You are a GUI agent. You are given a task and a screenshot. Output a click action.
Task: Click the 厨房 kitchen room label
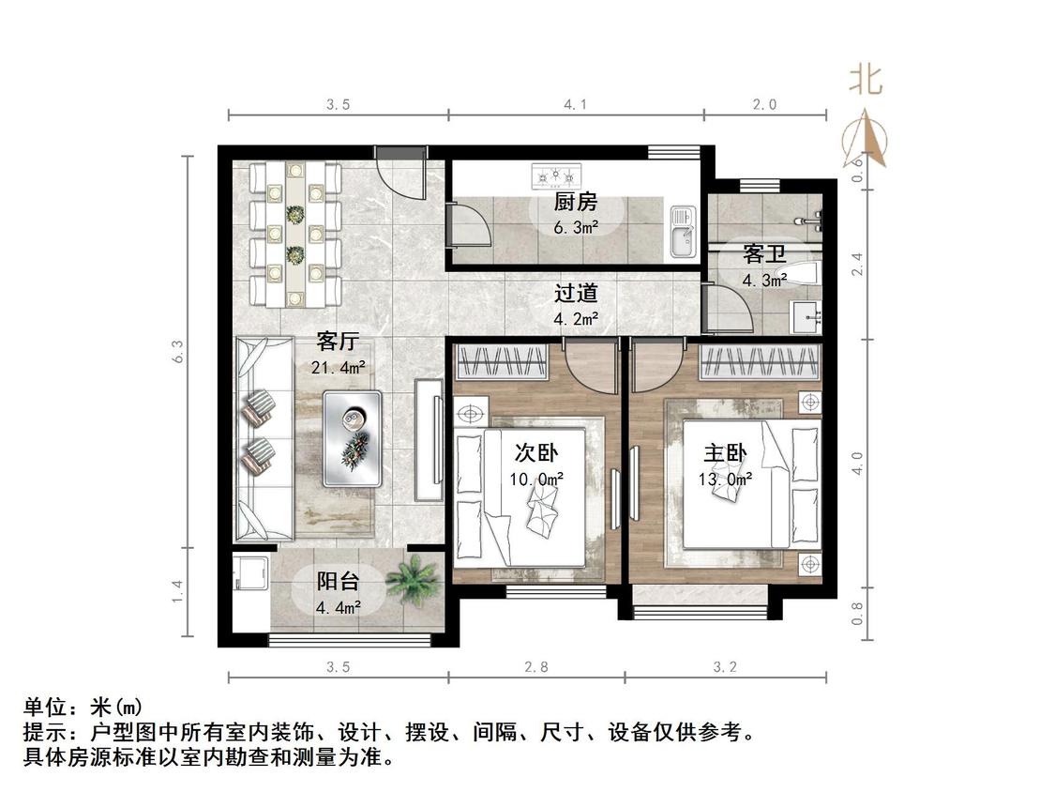575,202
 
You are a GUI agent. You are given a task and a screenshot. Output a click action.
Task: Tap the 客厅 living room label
338,342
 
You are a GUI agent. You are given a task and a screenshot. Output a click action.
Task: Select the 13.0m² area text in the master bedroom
725,480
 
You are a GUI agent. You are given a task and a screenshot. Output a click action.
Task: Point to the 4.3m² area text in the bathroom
764,281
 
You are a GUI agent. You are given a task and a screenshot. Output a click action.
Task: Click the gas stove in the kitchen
556,176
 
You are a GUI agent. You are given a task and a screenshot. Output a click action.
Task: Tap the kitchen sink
683,233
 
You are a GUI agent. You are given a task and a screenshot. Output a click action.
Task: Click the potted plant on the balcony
413,581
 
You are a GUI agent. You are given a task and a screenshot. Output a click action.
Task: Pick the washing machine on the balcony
251,572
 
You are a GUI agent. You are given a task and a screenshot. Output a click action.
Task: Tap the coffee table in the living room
352,438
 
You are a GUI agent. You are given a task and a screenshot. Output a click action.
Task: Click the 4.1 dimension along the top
575,104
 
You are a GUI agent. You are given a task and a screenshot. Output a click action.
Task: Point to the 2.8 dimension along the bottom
536,667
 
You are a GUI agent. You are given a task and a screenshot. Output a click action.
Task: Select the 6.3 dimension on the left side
177,352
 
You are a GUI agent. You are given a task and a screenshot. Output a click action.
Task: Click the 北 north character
865,80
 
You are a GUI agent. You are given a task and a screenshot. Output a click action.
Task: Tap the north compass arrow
866,140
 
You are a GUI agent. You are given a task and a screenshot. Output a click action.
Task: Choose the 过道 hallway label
575,294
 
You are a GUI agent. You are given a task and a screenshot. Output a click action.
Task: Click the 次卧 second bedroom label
536,452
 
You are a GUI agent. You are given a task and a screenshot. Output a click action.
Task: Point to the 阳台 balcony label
338,581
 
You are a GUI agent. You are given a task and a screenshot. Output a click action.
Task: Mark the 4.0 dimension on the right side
857,464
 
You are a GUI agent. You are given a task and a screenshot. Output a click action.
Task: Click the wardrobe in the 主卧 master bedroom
761,361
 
